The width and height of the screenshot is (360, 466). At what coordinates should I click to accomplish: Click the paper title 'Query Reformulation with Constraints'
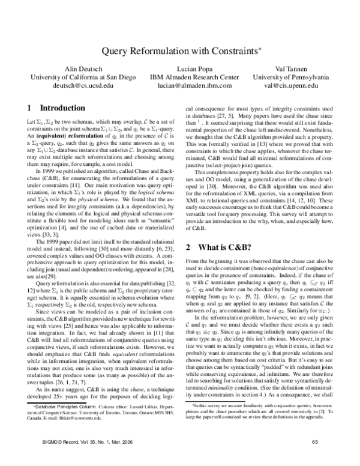tap(179, 52)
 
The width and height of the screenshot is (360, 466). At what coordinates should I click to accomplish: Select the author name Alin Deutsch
tap(83, 68)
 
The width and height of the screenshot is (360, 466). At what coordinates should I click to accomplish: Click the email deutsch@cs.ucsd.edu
tap(83, 86)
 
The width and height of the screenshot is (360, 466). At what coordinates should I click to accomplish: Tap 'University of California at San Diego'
tap(83, 77)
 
